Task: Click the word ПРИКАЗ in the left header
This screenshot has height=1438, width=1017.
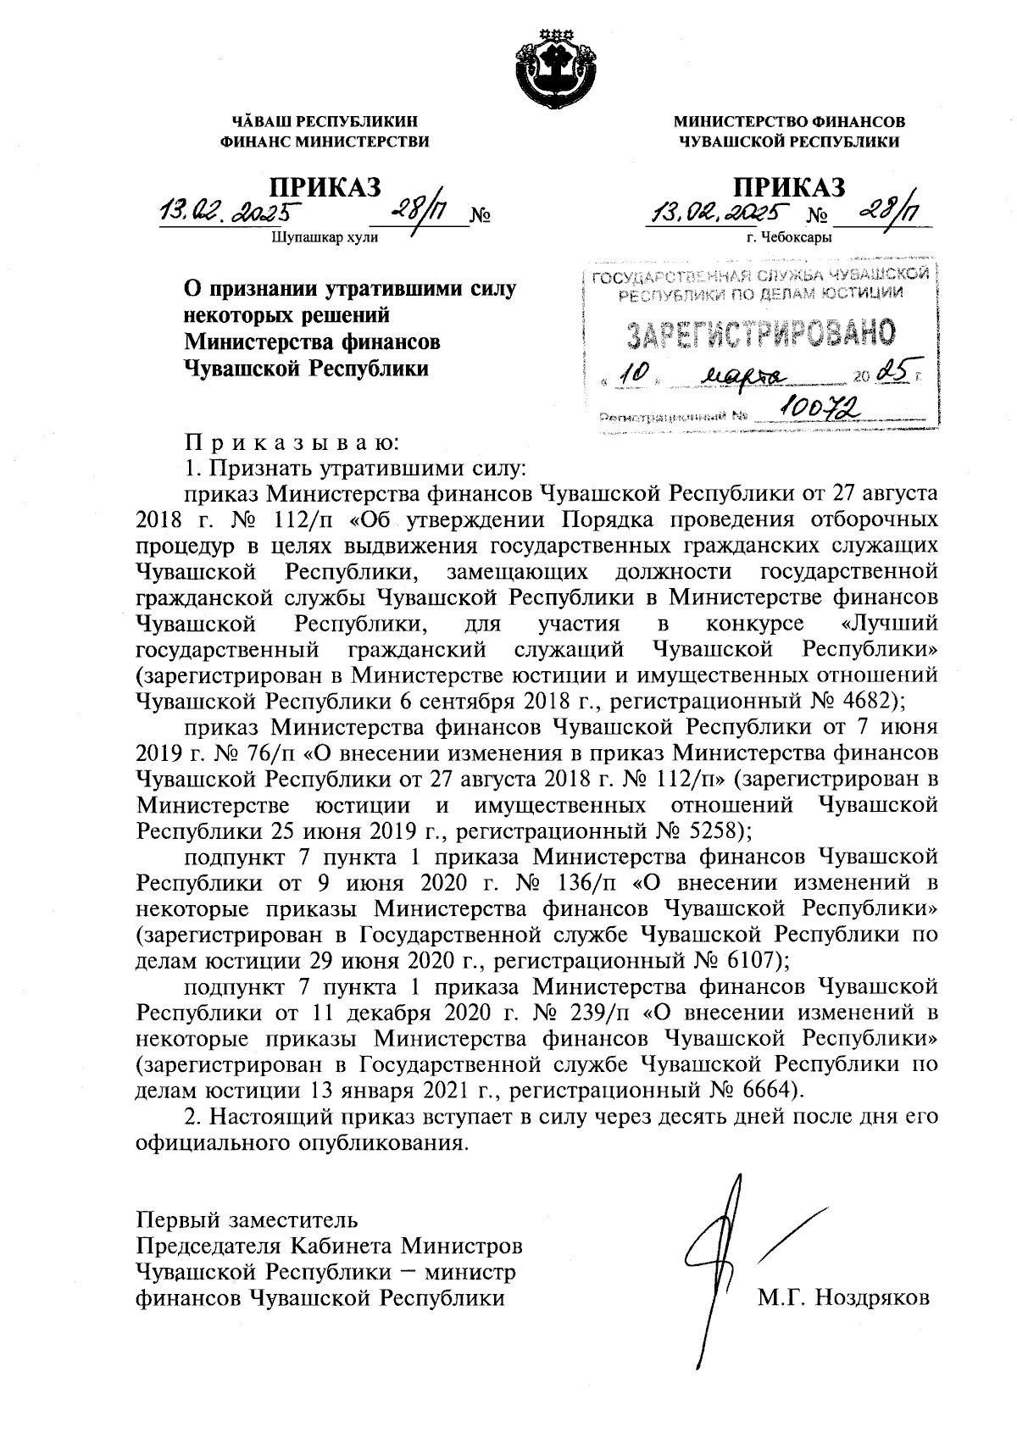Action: pos(325,186)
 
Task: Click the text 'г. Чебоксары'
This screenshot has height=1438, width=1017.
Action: pos(789,237)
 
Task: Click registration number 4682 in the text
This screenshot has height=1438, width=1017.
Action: pos(865,700)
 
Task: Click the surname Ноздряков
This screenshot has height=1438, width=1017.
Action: pos(871,1297)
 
